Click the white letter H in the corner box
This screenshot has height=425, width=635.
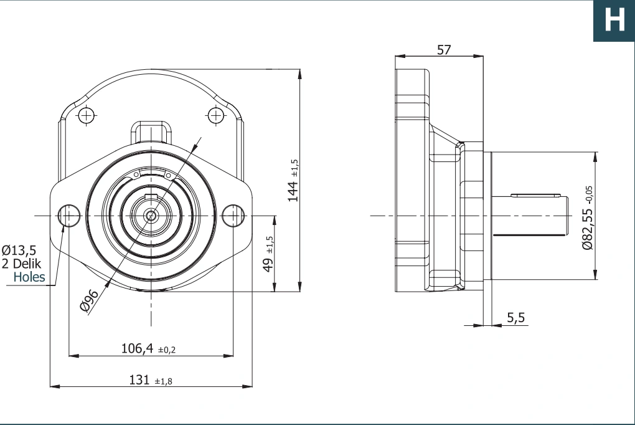coord(614,20)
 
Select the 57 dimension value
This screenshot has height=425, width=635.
coord(444,50)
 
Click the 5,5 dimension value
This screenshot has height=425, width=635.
coord(516,318)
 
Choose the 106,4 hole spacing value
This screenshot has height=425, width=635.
coord(138,348)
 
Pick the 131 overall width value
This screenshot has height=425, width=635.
coord(139,380)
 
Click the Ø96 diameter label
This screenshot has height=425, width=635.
coord(90,301)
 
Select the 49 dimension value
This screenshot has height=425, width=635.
coord(268,265)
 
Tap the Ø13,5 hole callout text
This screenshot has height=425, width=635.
coord(19,251)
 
